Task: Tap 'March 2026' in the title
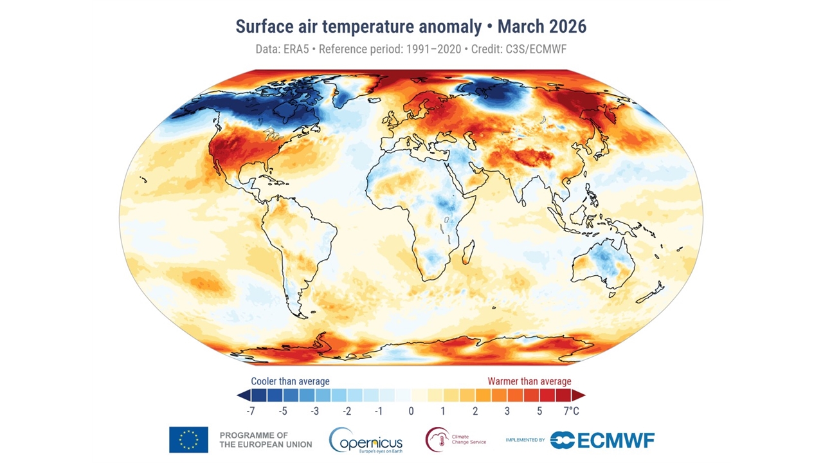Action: coord(542,26)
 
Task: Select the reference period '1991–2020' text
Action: coord(433,49)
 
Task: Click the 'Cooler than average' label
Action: coord(290,381)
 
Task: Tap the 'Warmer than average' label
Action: coord(529,381)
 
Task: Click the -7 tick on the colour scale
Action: coord(251,411)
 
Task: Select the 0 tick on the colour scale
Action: coord(411,411)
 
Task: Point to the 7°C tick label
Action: coord(572,411)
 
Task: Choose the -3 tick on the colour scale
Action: coord(315,411)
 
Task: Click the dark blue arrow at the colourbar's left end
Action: coord(242,395)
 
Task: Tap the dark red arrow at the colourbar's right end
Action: coord(579,395)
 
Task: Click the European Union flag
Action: coord(188,440)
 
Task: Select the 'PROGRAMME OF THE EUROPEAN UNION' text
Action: coord(266,440)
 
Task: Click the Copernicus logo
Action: coord(366,440)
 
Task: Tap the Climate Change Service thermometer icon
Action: coord(437,440)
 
